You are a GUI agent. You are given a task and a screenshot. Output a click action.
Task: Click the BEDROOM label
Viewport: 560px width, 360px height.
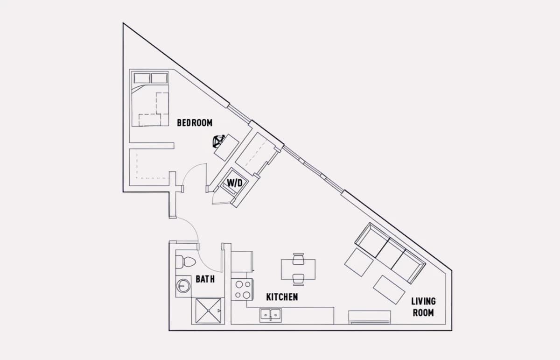[195, 123]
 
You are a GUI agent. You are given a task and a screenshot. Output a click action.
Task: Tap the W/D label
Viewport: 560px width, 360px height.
[235, 183]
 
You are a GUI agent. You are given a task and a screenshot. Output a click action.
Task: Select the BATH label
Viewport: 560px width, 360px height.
[205, 279]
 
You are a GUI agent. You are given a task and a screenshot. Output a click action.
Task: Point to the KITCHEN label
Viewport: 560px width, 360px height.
[282, 297]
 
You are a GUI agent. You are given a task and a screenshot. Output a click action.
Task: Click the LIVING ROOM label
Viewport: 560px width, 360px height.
[424, 307]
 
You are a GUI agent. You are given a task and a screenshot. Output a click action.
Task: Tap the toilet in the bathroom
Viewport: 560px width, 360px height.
[186, 262]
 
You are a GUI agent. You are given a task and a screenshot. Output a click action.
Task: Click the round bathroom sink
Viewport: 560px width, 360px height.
[183, 286]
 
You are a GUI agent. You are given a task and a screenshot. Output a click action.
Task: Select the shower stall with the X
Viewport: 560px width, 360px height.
[208, 311]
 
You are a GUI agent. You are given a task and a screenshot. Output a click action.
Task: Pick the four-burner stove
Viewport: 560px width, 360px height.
[242, 289]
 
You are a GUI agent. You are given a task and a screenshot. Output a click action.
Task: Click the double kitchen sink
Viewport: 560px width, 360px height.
[271, 315]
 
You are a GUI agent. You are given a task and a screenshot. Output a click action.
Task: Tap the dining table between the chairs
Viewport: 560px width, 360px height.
[298, 269]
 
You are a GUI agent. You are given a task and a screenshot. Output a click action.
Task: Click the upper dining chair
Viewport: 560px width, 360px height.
[299, 259]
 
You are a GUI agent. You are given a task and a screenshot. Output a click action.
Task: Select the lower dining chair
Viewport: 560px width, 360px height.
[299, 280]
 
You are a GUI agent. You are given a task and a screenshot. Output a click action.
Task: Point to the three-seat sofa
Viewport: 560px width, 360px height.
[390, 253]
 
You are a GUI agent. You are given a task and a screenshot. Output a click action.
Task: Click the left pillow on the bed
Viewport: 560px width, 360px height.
[142, 78]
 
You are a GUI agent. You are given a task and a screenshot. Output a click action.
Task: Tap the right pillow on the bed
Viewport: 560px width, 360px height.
[159, 78]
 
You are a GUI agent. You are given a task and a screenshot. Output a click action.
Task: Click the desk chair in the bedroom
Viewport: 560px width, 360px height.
[218, 141]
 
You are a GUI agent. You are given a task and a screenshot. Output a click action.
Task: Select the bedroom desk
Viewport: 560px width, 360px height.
[226, 148]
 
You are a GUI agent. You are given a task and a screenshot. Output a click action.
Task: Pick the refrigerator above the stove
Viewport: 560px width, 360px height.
[242, 261]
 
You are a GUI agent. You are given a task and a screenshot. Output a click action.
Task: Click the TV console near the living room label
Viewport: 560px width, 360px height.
[370, 317]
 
